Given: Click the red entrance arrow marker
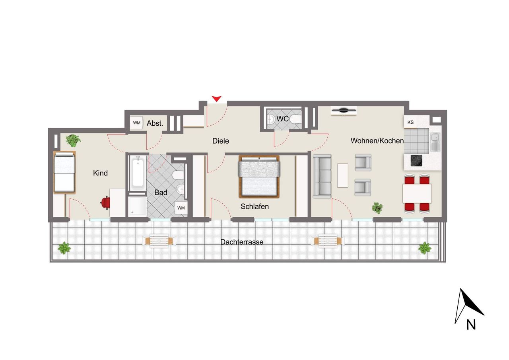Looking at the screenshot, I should [x=216, y=98].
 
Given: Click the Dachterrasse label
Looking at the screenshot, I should [x=242, y=242].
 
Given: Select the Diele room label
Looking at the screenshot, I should [x=221, y=141].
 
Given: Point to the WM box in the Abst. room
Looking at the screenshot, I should [x=137, y=123].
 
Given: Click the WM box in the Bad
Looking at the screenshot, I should [x=181, y=208].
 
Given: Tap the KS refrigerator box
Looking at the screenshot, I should [x=411, y=122].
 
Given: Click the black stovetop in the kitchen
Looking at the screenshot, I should [x=416, y=160].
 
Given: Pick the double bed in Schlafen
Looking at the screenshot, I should [x=259, y=176].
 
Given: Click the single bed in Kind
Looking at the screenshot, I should [x=64, y=172].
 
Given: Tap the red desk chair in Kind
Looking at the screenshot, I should [x=105, y=202].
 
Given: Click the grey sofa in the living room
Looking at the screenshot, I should [x=322, y=176].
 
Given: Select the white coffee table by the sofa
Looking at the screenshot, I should [x=342, y=175].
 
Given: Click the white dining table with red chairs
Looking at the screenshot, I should [x=417, y=194].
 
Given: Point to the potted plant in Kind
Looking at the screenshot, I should [x=73, y=140].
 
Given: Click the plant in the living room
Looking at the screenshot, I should [x=377, y=207].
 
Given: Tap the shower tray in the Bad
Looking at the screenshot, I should [x=138, y=206].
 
